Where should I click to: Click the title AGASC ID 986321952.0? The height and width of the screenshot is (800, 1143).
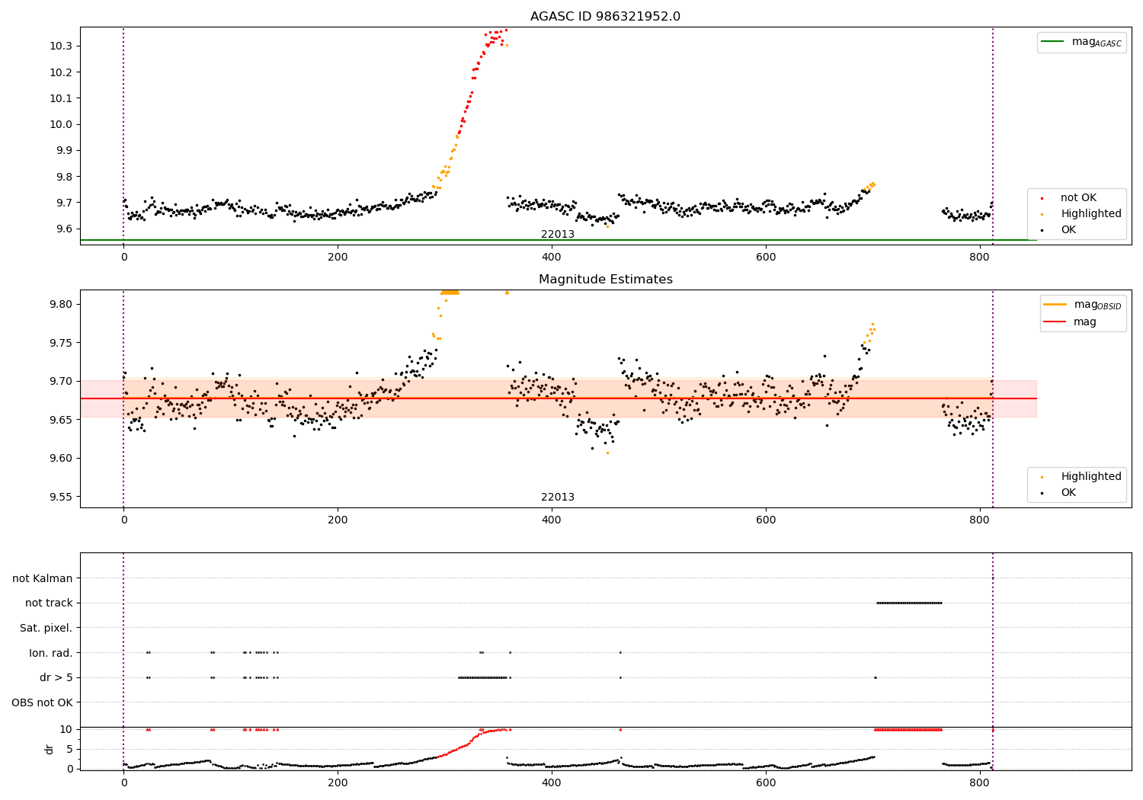[x=605, y=17]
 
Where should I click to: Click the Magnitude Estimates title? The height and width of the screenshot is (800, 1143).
[x=605, y=280]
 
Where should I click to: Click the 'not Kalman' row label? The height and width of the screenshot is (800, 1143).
[x=43, y=579]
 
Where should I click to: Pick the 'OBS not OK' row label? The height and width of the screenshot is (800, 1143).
[x=42, y=702]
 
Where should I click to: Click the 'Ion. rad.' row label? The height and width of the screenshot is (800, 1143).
[x=51, y=653]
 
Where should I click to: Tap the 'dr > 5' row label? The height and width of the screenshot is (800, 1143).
[x=56, y=678]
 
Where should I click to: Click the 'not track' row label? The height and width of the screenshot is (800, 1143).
[x=49, y=603]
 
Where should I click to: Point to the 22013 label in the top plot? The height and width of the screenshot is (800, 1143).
[x=558, y=235]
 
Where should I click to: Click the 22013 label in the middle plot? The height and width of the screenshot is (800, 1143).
[x=558, y=498]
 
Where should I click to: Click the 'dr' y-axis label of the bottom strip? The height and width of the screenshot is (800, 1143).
[x=50, y=749]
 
